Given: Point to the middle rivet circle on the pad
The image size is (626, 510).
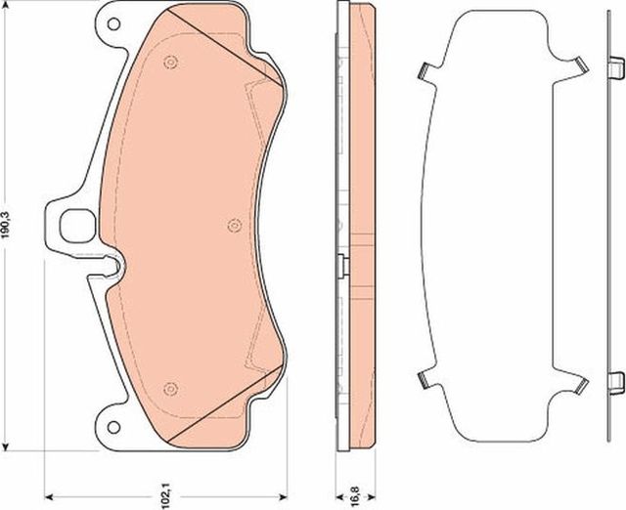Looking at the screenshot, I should (x=233, y=226).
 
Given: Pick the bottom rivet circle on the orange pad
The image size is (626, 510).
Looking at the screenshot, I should (x=170, y=388).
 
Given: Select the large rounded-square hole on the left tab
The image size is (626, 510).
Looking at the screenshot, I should (x=76, y=226).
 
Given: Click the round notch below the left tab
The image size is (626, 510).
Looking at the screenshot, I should (x=116, y=265).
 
